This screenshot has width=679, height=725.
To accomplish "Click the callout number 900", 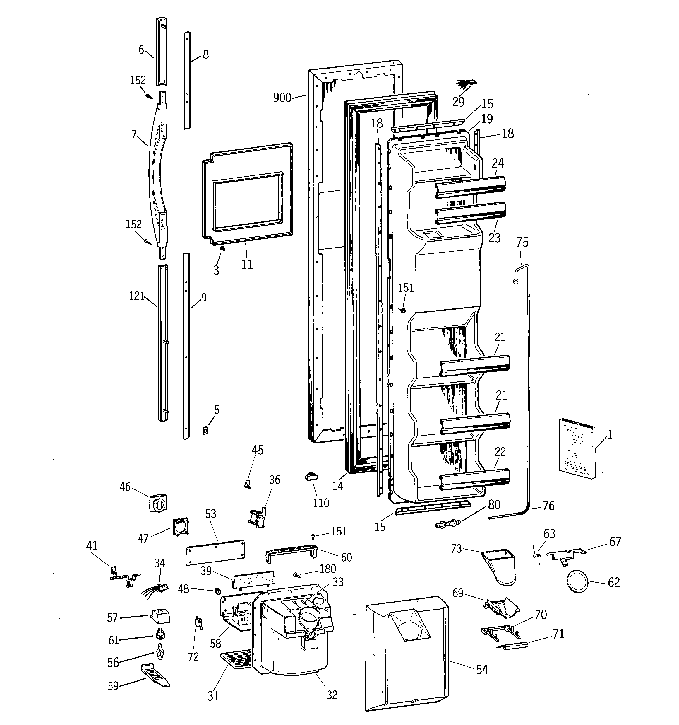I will (282, 98).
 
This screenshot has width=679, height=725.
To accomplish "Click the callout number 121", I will (137, 296).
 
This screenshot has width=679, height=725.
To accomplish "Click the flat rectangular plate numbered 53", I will (215, 552).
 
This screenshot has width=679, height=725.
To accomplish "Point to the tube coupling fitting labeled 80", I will (447, 524).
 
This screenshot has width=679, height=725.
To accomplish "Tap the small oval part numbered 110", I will (311, 477).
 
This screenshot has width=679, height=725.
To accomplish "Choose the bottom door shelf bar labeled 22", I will (474, 480).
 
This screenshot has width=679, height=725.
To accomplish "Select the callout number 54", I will (482, 670).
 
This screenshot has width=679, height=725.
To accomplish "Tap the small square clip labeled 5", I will (205, 430).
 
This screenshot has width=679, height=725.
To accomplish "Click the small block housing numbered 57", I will (160, 616).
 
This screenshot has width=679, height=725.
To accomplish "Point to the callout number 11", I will (247, 265).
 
